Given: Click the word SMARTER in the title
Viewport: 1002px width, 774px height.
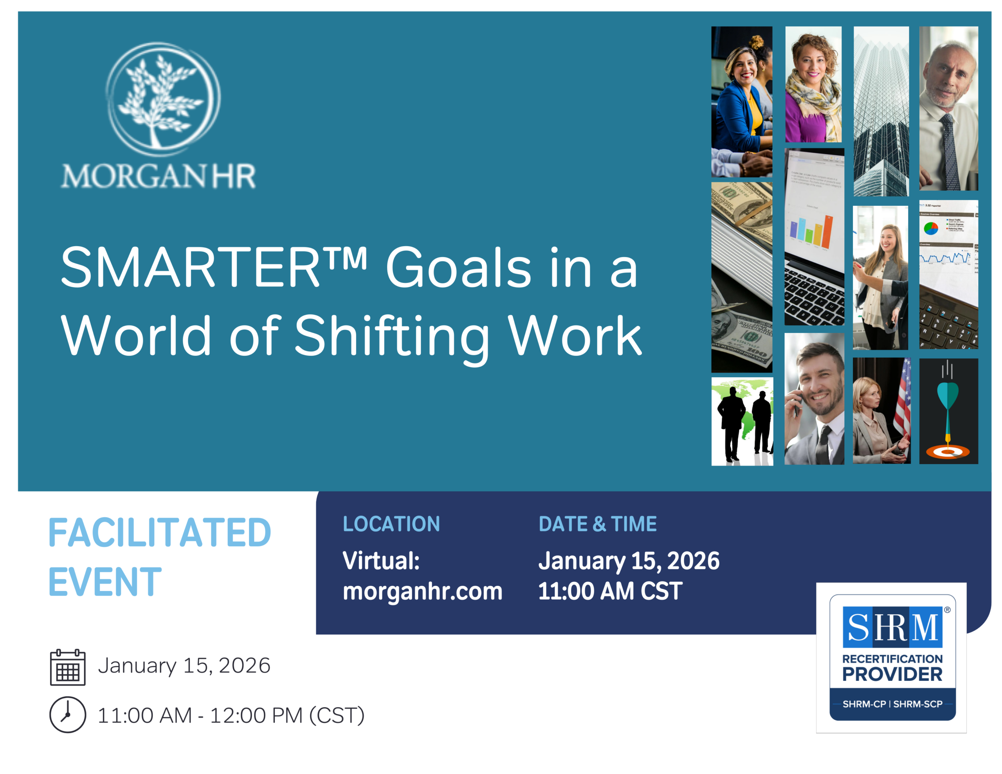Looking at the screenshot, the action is (x=190, y=267).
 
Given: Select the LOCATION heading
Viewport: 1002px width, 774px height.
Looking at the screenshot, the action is (x=391, y=524).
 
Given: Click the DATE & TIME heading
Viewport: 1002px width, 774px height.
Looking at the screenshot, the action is (x=597, y=524).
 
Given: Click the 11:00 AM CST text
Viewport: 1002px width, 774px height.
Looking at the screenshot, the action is (x=610, y=591).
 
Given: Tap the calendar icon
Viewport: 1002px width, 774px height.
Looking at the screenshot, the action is (x=68, y=667).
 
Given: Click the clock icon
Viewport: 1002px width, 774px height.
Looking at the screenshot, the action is (x=68, y=715).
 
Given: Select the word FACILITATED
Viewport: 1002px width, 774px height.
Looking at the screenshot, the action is (x=160, y=533).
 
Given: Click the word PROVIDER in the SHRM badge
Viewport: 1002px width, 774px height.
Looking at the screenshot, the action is (x=892, y=675).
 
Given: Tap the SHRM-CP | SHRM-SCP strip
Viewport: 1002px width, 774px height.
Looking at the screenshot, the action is (x=892, y=704).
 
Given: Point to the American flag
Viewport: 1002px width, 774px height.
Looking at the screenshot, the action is (x=903, y=399).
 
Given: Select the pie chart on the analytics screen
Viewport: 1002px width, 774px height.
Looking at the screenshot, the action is (x=931, y=228).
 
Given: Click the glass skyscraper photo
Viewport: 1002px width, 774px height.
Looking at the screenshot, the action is (x=881, y=111).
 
